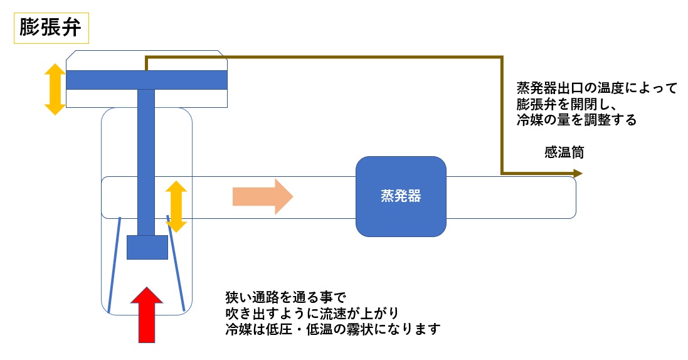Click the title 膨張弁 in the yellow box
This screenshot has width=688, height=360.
[50, 28]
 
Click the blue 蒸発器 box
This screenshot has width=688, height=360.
[401, 196]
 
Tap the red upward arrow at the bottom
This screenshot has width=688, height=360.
[147, 315]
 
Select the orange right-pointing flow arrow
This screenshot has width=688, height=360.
[262, 196]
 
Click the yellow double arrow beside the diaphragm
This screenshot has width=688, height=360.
[55, 89]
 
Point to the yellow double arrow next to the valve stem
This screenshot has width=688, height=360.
[176, 206]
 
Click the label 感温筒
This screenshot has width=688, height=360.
[564, 152]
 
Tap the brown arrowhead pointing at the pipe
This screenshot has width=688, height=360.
[578, 173]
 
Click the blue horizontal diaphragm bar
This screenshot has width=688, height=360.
[147, 80]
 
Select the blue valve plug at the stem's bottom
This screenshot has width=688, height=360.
[147, 247]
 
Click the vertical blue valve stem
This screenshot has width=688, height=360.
[146, 162]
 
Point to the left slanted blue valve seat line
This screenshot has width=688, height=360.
[114, 264]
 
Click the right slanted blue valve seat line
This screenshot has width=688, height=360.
[176, 263]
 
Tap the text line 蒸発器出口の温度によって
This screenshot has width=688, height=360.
[596, 88]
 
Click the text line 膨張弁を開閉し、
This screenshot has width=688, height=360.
[567, 104]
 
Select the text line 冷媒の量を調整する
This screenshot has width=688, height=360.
[576, 119]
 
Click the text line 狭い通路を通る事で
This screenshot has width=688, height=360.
[285, 297]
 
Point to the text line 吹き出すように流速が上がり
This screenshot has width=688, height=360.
[312, 313]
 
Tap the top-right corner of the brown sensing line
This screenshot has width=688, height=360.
[502, 57]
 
